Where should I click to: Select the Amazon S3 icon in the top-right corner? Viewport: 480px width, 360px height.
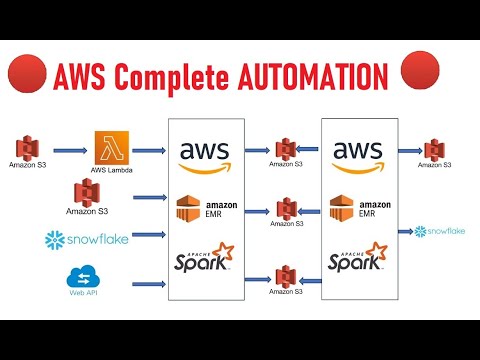pos(434,150)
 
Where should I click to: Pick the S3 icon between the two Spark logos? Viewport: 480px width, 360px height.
pos(287,275)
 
